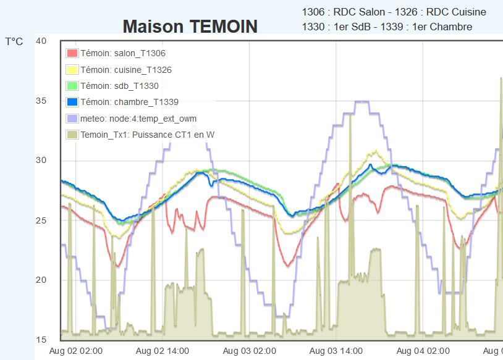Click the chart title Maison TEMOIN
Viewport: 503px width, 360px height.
[x=190, y=27]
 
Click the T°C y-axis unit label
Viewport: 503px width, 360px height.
[x=14, y=42]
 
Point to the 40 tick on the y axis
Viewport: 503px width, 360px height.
[x=41, y=41]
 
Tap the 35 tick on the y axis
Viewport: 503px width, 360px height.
[x=41, y=101]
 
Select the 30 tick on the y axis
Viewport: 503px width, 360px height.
[x=41, y=161]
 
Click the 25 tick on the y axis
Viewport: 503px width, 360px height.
[x=41, y=220]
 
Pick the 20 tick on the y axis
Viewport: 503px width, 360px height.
[x=41, y=280]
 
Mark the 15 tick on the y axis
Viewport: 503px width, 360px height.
[x=41, y=340]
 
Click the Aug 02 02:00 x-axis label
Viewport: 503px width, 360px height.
[x=76, y=351]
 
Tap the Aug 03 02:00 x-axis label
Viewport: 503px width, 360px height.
[x=250, y=351]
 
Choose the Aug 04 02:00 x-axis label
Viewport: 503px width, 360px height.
[x=423, y=351]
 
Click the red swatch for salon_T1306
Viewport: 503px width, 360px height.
[x=72, y=54]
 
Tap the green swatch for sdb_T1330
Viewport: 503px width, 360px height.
[x=72, y=86]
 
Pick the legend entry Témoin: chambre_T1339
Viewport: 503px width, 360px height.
[x=129, y=103]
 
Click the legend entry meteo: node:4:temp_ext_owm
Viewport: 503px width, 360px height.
[x=138, y=119]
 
